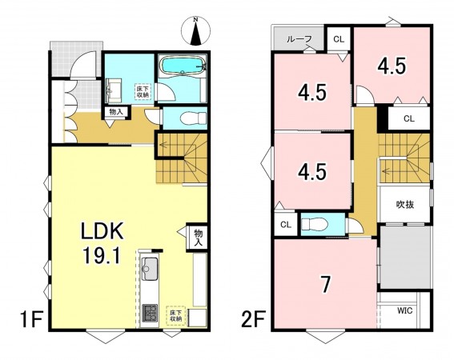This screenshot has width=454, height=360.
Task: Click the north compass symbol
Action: [x=196, y=30]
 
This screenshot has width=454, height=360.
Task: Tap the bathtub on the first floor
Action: [x=182, y=66]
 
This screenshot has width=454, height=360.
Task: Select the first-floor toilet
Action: [x=193, y=118]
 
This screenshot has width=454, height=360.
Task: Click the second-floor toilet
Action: [x=315, y=224]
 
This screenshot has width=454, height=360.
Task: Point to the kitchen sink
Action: [x=149, y=269]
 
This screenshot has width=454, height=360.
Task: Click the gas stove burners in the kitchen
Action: [x=150, y=313]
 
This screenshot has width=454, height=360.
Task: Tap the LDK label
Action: [x=102, y=230]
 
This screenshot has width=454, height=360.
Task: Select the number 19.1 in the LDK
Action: [x=102, y=255]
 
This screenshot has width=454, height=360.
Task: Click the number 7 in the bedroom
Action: [x=326, y=284]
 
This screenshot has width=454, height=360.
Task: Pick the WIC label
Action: [x=404, y=311]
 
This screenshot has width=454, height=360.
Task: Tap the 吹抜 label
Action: [x=405, y=205]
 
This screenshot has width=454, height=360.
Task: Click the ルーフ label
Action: [x=299, y=39]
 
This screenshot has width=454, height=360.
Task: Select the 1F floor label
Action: [x=31, y=319]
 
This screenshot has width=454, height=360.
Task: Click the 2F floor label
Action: [x=254, y=319]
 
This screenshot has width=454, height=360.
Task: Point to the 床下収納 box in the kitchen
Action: [x=175, y=316]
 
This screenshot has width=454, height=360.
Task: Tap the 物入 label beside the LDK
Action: [x=199, y=237]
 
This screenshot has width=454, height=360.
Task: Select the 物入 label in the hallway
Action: [x=116, y=112]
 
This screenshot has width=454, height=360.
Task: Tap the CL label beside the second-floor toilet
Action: [x=286, y=225]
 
